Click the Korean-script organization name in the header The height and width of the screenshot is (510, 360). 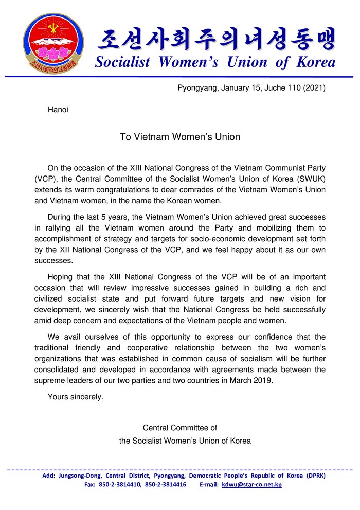click(x=216, y=38)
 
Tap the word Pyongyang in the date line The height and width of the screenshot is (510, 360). click(x=197, y=88)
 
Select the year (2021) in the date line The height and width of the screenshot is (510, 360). click(x=314, y=88)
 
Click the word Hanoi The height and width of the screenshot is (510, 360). click(x=58, y=109)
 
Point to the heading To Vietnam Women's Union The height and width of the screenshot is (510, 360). click(x=180, y=137)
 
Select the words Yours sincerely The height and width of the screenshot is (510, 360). click(x=75, y=397)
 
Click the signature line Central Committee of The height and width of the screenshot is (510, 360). click(x=180, y=428)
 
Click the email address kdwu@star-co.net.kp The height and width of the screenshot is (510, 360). click(x=251, y=484)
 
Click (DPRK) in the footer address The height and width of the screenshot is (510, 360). click(x=316, y=476)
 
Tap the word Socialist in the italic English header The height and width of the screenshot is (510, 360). click(x=122, y=62)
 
